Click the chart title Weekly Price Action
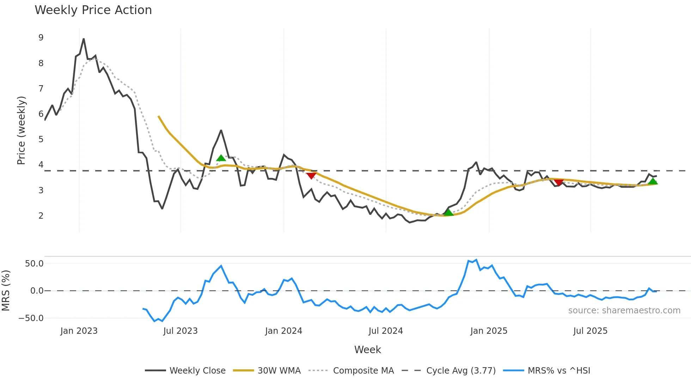pos(93,10)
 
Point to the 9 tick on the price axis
pos(41,38)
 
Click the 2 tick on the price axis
pos(41,216)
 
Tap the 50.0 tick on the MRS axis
pos(34,264)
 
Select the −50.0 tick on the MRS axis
pos(31,318)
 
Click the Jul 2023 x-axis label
pos(181,331)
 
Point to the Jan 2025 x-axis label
pos(489,331)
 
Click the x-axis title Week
pos(367,350)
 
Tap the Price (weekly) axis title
pos(21,130)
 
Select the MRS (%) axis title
pos(6,290)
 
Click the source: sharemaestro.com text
pos(624,311)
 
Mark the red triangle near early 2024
pos(311,176)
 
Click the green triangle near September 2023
pos(221,158)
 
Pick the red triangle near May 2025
pos(558,182)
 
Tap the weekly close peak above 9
pos(84,39)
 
